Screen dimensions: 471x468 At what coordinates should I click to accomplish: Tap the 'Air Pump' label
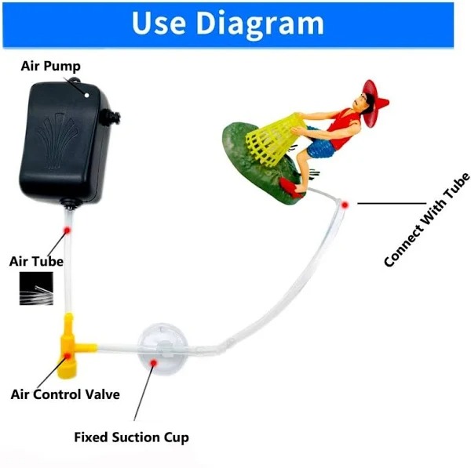[51, 66]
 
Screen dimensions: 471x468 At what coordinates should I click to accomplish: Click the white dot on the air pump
[87, 96]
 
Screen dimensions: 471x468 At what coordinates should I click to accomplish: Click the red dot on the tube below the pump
[67, 230]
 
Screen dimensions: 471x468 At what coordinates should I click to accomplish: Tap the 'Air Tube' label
[36, 261]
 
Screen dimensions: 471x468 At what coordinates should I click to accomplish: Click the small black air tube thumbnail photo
[36, 288]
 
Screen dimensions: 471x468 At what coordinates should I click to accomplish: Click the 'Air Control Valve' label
[65, 394]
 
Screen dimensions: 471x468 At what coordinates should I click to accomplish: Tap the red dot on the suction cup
[154, 363]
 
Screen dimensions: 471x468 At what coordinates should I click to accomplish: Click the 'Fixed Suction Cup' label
[132, 437]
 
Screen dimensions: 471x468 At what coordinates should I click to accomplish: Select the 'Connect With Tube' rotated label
[427, 220]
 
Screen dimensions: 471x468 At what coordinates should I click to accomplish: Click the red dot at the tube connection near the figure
[345, 205]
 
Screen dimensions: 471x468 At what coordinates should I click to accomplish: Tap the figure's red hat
[374, 101]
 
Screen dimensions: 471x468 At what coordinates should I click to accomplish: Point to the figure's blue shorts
[321, 145]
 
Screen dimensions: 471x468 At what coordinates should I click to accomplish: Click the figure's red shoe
[290, 187]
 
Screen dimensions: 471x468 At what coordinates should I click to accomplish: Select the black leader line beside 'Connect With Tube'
[392, 203]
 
